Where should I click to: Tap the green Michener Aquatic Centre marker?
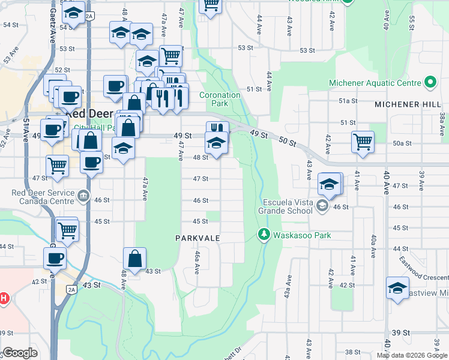[430, 82]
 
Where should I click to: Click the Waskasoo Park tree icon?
[264, 235]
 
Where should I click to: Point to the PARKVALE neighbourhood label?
[198, 238]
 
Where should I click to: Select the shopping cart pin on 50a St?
[363, 143]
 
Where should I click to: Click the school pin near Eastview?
[397, 287]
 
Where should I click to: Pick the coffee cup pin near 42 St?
[55, 258]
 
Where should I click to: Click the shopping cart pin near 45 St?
[67, 229]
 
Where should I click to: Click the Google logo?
[20, 353]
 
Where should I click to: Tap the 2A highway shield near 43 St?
[71, 289]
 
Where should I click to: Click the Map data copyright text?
[412, 355]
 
